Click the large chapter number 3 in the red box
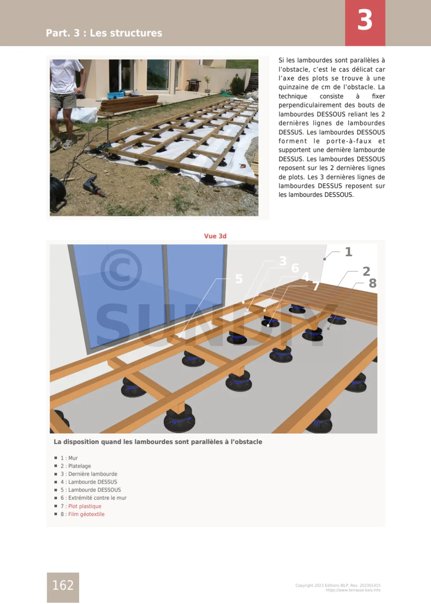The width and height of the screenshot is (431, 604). (365, 20)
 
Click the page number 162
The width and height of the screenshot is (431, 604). (63, 585)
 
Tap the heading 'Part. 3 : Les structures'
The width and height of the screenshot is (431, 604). (104, 33)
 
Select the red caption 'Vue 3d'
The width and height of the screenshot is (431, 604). (215, 236)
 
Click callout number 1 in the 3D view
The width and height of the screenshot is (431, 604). (349, 252)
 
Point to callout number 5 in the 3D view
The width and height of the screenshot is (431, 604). (239, 279)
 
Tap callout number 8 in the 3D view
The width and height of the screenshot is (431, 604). (372, 283)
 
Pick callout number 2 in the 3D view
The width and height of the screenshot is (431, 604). (366, 271)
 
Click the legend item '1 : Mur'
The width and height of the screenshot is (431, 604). (69, 458)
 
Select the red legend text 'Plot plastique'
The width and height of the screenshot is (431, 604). (85, 506)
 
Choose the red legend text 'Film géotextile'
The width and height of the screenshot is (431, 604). (86, 514)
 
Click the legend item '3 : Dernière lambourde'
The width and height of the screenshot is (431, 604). (89, 474)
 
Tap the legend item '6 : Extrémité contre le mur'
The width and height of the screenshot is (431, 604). (93, 498)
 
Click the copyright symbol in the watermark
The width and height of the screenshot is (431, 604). (121, 270)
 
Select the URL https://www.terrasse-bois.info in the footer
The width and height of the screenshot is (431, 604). (353, 590)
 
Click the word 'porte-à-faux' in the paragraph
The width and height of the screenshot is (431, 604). (349, 141)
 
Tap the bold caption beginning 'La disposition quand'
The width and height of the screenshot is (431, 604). (158, 442)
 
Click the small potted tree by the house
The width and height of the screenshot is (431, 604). (207, 83)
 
